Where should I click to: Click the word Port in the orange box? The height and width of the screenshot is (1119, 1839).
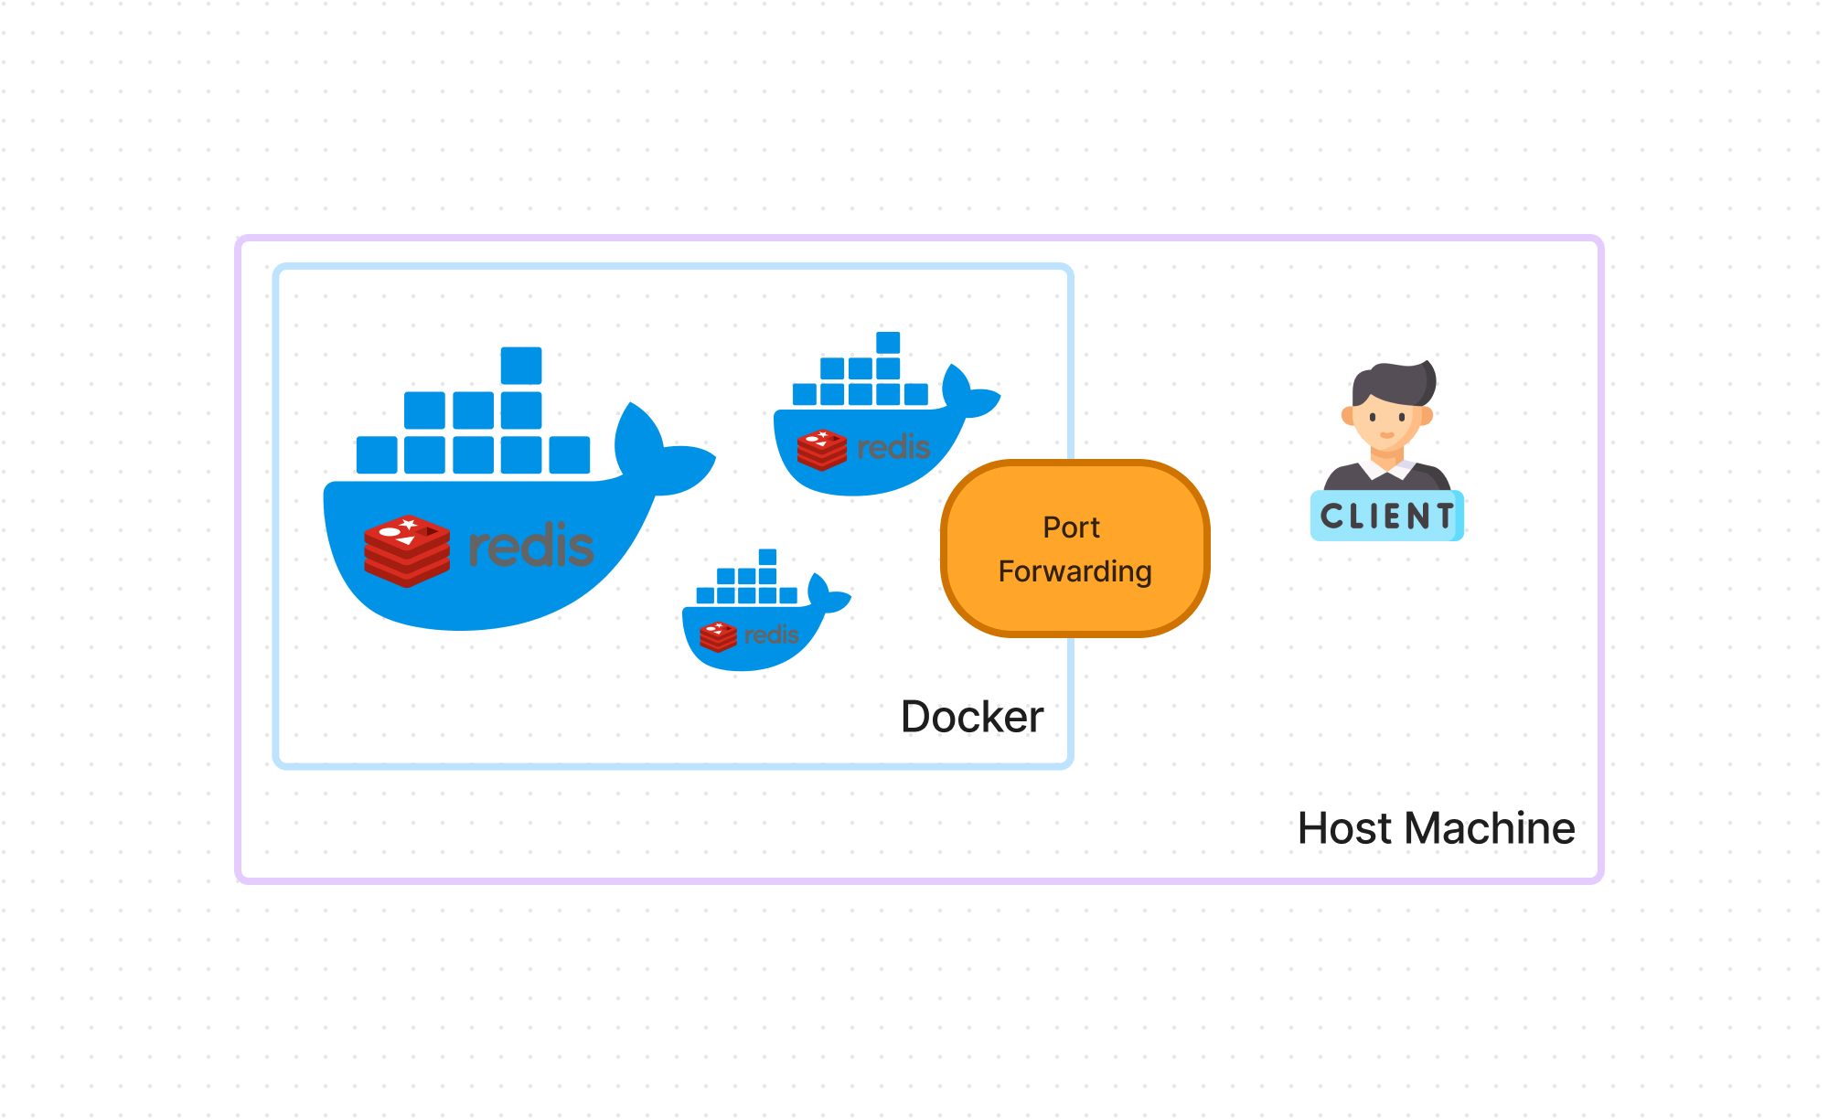click(x=1071, y=528)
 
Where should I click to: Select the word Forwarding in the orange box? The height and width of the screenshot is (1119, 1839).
click(x=1075, y=571)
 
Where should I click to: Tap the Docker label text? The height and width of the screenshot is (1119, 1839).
click(x=971, y=717)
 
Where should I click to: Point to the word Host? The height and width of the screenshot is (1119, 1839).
click(x=1345, y=828)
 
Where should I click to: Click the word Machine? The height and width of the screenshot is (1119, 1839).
click(x=1490, y=828)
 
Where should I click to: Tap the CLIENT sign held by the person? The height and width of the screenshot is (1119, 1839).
click(x=1386, y=517)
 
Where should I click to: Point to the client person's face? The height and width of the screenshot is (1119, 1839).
click(x=1386, y=424)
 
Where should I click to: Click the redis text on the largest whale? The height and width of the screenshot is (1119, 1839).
click(x=531, y=546)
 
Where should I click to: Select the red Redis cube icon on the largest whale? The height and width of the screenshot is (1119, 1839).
click(x=407, y=550)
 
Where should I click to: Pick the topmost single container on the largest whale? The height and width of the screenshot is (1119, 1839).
click(x=521, y=366)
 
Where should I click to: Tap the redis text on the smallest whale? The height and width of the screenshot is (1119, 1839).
click(x=771, y=634)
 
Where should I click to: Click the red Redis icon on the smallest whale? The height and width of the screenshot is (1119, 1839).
click(x=718, y=636)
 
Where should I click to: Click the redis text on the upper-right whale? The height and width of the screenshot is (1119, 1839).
click(x=893, y=447)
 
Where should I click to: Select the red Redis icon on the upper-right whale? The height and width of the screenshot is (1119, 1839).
click(x=821, y=450)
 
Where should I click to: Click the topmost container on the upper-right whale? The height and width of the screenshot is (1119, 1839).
click(x=888, y=343)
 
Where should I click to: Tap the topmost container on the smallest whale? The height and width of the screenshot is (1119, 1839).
click(x=767, y=557)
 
